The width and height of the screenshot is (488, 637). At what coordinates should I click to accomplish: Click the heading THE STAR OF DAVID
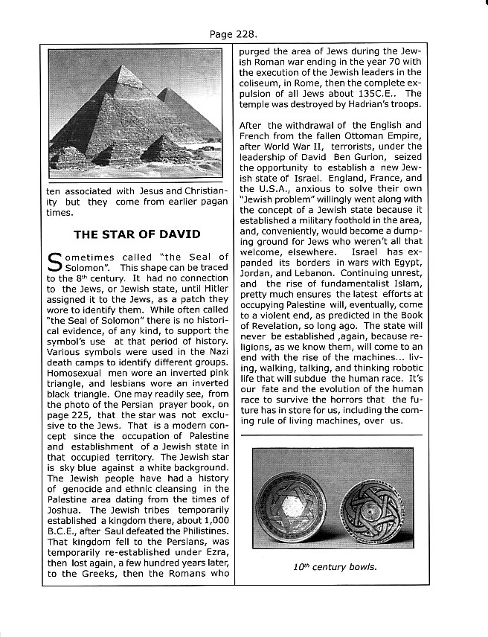[x=137, y=234]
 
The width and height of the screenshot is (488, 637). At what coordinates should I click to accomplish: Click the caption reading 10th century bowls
[x=324, y=568]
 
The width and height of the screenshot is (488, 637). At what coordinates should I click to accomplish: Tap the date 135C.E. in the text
[x=378, y=93]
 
